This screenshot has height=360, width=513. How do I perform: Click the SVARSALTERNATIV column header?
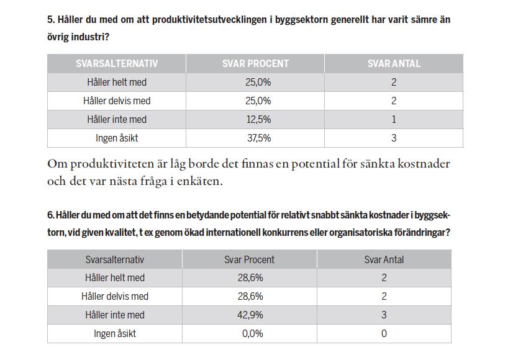(117, 63)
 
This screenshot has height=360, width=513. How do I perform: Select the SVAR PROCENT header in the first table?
(255, 63)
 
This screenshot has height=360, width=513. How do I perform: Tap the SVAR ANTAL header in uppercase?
(394, 63)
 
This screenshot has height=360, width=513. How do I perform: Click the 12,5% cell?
(258, 119)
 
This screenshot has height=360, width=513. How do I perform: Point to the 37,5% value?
(259, 138)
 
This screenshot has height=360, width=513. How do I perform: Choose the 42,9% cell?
(250, 315)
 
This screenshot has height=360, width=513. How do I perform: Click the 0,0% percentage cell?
(253, 333)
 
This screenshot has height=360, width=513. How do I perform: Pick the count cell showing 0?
(384, 333)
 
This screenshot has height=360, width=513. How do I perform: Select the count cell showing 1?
(394, 119)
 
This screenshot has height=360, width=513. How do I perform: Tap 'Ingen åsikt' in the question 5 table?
(117, 138)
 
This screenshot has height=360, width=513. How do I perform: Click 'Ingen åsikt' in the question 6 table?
(115, 333)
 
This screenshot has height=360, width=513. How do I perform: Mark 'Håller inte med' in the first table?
(117, 119)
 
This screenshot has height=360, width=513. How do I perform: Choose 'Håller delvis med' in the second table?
(115, 296)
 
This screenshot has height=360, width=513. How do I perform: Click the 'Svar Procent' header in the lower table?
(249, 259)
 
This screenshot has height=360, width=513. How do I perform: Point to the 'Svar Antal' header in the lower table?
(384, 259)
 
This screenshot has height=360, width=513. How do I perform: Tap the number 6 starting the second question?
(50, 215)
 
